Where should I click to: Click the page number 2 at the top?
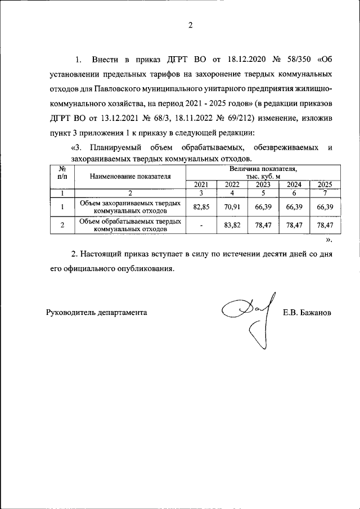190,25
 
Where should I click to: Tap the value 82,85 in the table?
201,207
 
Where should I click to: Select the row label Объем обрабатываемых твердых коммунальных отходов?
130,225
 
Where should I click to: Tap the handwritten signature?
250,317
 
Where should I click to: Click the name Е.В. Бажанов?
307,312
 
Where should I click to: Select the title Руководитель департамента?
96,312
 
